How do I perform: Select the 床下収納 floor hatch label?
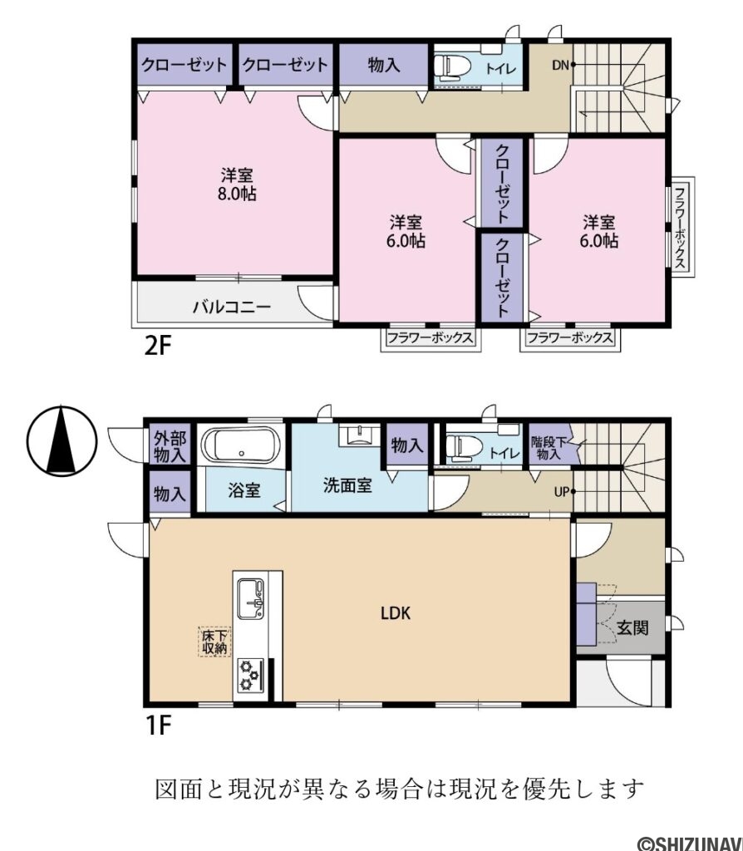214,642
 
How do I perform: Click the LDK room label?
396,614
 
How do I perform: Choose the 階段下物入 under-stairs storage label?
549,448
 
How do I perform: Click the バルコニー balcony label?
232,307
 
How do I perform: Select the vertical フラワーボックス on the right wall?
679,225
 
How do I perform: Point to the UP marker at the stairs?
562,492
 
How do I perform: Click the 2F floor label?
158,346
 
